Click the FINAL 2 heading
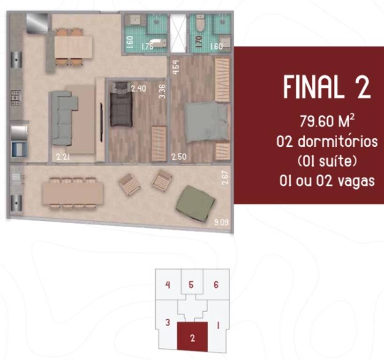click(x=327, y=88)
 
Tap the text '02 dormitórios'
click(x=327, y=142)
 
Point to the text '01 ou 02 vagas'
click(x=327, y=180)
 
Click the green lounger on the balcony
click(x=196, y=202)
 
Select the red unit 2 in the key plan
click(x=192, y=336)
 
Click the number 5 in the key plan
click(x=191, y=284)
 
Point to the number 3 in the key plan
click(x=167, y=322)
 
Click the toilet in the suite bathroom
click(x=201, y=23)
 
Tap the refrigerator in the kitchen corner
click(x=37, y=22)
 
